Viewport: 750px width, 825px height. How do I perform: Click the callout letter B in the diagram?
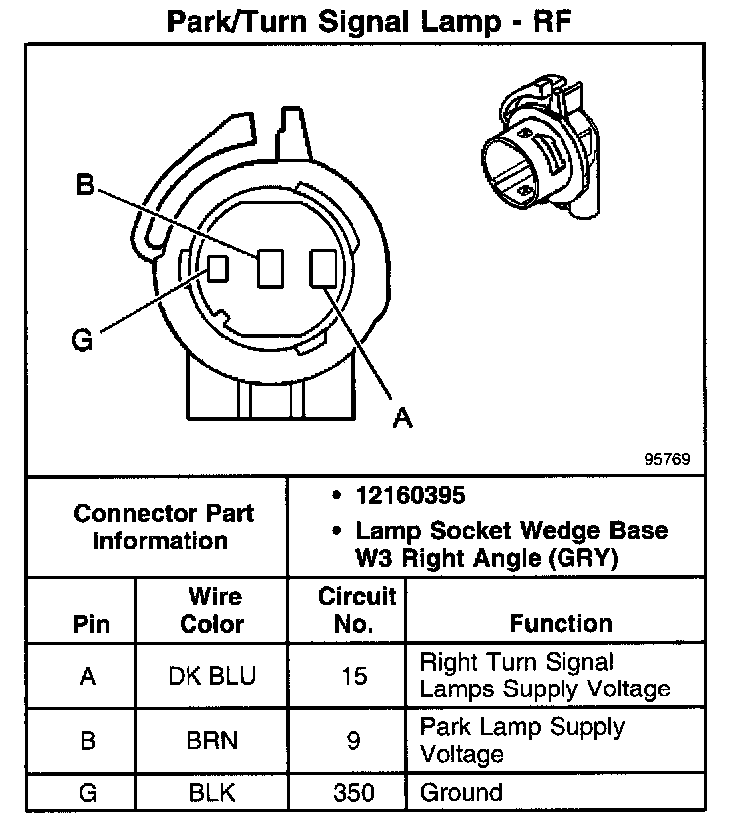tap(85, 185)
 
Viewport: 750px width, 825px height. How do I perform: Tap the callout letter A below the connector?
tap(402, 419)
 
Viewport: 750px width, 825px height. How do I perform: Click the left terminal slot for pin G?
tap(218, 267)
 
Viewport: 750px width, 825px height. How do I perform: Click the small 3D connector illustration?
tap(539, 150)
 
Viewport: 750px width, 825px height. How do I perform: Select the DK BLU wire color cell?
tap(211, 677)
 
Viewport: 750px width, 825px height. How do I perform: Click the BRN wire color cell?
tap(211, 742)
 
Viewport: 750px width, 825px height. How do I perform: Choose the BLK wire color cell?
tap(211, 794)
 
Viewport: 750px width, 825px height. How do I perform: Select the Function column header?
tap(561, 624)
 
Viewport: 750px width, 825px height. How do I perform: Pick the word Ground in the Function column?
tap(461, 794)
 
